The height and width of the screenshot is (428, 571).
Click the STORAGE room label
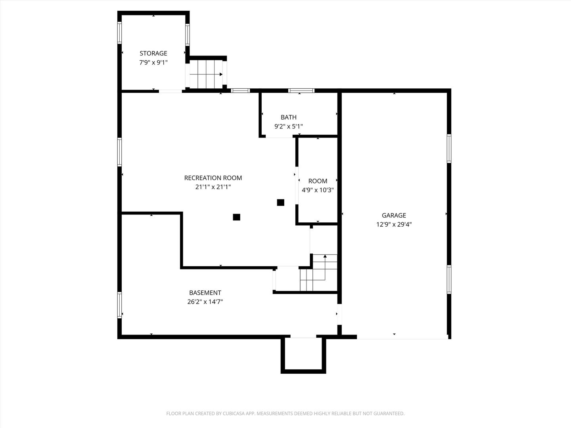[x=153, y=53]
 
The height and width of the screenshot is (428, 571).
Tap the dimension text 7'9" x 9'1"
[x=153, y=63]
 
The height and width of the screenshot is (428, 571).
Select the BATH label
[x=289, y=117]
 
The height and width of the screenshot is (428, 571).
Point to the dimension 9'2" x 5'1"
[x=289, y=126]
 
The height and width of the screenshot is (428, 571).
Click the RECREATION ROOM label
[x=213, y=178]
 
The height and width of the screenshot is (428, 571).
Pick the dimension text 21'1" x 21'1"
[x=213, y=187]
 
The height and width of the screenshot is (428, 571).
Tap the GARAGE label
[x=394, y=216]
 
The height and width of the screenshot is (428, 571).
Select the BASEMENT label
[x=205, y=293]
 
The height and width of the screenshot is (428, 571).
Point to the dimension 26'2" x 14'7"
[x=205, y=302]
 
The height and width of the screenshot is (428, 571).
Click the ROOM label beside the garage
[x=318, y=181]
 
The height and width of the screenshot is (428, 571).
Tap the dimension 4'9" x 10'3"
[x=318, y=190]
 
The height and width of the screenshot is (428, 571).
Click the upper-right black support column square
[x=281, y=203]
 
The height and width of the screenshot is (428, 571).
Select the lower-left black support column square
[x=236, y=217]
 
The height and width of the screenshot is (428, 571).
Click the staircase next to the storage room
[x=206, y=74]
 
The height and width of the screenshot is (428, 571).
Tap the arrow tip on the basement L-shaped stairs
[x=325, y=256]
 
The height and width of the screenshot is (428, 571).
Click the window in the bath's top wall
[x=301, y=91]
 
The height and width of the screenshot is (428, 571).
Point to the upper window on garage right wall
[x=449, y=149]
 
